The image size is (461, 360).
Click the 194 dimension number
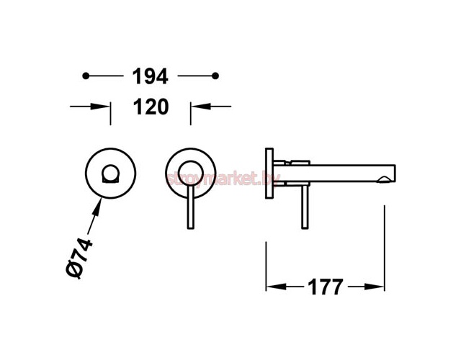coord(151,76)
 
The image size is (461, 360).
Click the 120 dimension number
coord(151,107)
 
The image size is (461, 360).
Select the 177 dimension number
coord(325,287)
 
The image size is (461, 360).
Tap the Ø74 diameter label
coord(79,258)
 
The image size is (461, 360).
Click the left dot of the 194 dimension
coord(86,76)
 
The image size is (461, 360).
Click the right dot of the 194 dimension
coord(215,76)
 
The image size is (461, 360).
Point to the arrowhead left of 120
coord(100,107)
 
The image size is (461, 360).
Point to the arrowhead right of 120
coord(201,106)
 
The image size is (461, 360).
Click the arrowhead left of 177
coord(276,287)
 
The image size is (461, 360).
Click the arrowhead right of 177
coord(375,287)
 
